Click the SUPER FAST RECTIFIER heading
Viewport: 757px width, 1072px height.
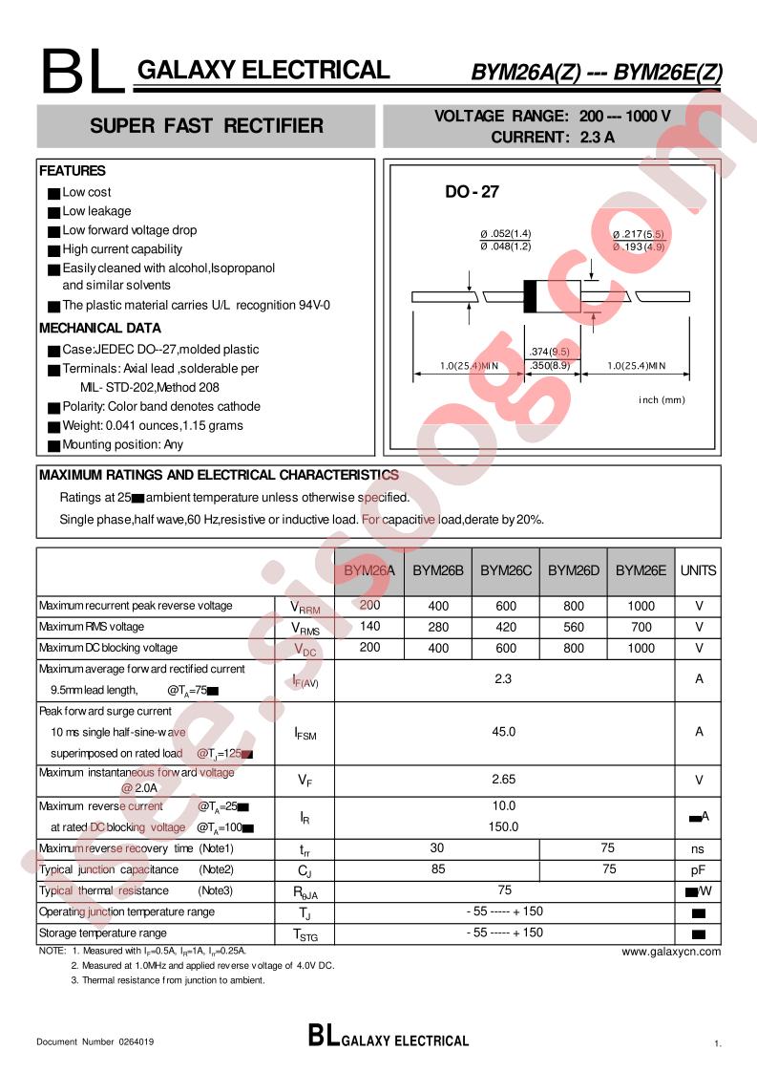point(206,126)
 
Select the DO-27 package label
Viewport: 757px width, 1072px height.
point(472,192)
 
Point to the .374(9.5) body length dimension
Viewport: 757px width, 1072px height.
point(551,352)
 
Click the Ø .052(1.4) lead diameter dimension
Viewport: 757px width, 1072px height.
point(505,234)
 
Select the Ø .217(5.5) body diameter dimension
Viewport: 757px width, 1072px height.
point(637,234)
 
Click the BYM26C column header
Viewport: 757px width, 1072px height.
point(505,570)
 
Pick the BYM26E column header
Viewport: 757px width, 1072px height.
point(641,570)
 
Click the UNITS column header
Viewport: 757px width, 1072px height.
point(698,570)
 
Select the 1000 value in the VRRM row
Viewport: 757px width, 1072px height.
point(641,606)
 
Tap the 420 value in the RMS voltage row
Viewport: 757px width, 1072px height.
point(505,627)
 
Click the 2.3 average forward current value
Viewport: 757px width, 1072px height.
point(504,679)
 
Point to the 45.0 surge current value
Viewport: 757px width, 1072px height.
point(504,732)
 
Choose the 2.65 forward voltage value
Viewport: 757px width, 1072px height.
point(504,781)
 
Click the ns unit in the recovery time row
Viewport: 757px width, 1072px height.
point(698,848)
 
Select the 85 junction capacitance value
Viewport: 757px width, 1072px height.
point(437,869)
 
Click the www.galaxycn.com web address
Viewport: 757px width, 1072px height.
point(671,952)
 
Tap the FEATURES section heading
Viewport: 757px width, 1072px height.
point(73,171)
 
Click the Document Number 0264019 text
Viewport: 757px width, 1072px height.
point(95,1041)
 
